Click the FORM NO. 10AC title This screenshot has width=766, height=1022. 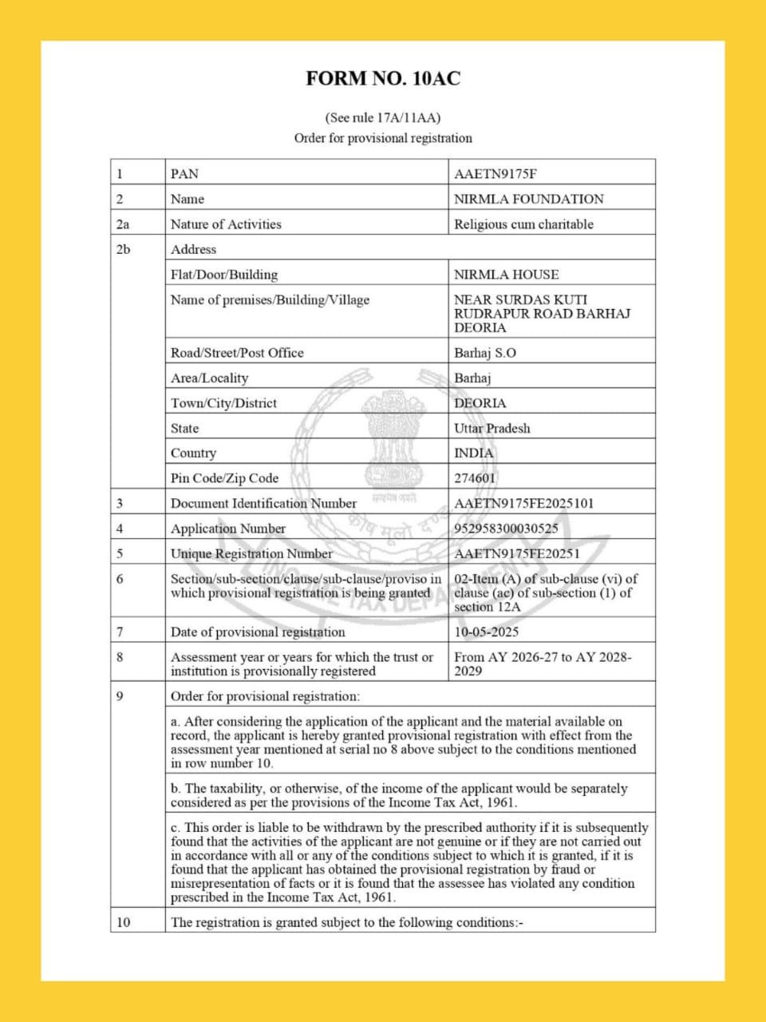[383, 78]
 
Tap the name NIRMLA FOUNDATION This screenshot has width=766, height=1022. [528, 199]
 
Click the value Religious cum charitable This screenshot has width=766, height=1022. [523, 224]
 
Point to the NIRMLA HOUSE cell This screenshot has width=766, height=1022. [506, 275]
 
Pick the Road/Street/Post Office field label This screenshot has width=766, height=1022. [237, 353]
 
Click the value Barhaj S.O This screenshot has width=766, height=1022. [485, 353]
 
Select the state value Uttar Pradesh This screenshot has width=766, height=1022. [492, 428]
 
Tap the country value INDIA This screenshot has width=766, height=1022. [474, 453]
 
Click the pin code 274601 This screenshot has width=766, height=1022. [475, 478]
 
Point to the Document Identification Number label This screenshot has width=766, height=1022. [263, 503]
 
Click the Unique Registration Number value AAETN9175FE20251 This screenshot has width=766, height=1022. [517, 553]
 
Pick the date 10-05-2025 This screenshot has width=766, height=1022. [486, 632]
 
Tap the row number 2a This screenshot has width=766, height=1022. [123, 224]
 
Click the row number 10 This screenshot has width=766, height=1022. [123, 922]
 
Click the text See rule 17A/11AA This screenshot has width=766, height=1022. [383, 117]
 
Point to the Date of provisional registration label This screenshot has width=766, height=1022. [258, 632]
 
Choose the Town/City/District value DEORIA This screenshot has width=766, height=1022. [480, 403]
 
